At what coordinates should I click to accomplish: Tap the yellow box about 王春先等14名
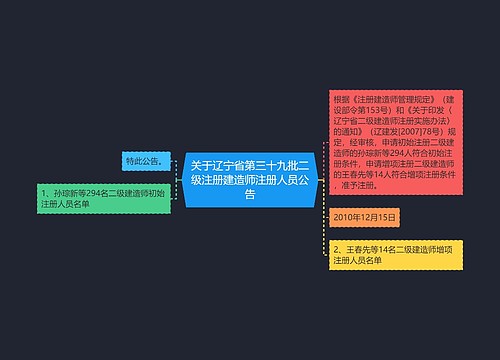[x=396, y=254]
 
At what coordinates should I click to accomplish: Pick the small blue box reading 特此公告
[x=144, y=160]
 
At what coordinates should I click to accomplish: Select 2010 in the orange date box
[x=344, y=216]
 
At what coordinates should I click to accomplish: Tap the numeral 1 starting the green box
[x=45, y=190]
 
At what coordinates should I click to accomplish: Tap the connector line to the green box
[x=171, y=191]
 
